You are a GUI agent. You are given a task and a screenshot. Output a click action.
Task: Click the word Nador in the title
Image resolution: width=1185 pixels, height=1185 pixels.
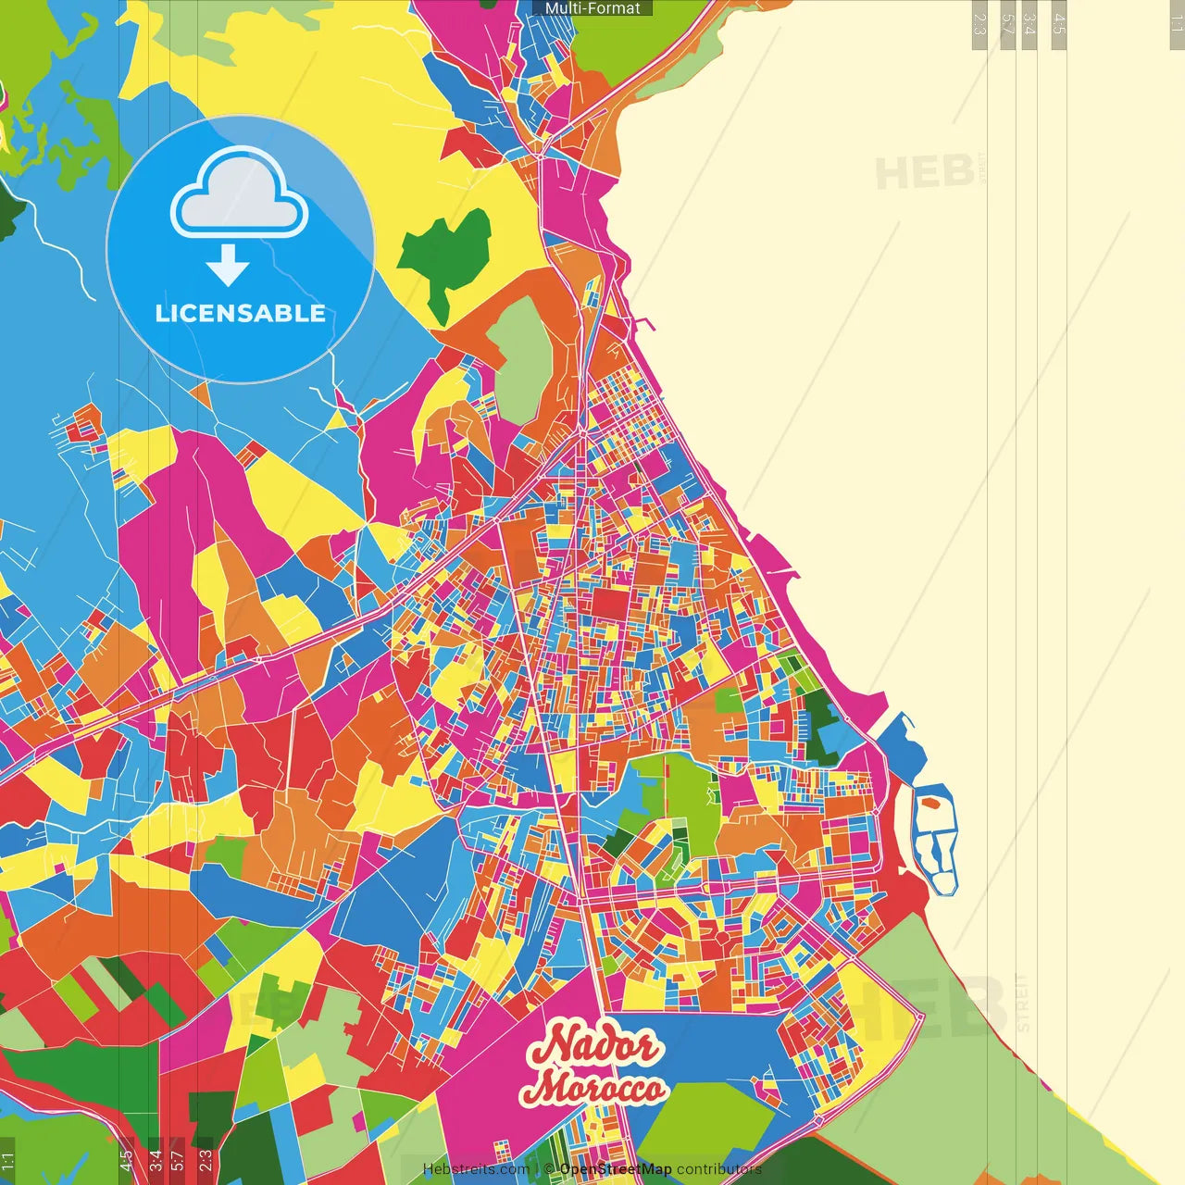click(x=592, y=1046)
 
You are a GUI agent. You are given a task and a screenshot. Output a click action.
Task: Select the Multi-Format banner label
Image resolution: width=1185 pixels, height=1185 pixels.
click(x=592, y=8)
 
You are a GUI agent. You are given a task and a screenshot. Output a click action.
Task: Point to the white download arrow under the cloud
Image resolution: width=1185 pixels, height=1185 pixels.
click(x=228, y=267)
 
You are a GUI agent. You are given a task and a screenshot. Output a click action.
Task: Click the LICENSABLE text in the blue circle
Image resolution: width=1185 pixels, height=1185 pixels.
click(x=240, y=313)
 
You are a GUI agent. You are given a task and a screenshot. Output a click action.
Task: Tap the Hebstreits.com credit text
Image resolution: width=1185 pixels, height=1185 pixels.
click(x=476, y=1169)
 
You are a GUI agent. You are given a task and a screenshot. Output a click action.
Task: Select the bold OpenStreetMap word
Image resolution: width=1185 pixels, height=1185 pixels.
click(x=616, y=1169)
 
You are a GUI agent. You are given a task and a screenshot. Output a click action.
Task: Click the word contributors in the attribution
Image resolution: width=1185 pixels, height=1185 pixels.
click(x=719, y=1169)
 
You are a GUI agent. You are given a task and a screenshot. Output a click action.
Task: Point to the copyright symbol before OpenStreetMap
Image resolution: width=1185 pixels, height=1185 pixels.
click(x=549, y=1169)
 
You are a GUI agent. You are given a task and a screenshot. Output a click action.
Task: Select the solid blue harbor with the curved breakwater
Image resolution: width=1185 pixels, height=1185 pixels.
click(x=902, y=750)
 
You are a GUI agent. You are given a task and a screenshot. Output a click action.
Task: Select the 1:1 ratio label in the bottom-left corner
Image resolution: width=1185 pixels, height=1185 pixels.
click(x=7, y=1161)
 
